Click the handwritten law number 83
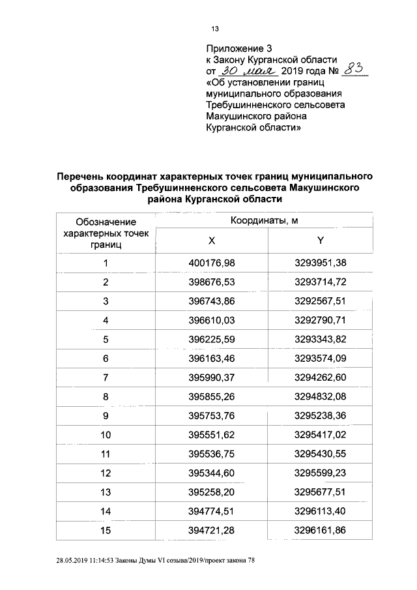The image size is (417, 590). pyautogui.click(x=354, y=70)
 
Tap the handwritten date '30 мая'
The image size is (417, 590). pyautogui.click(x=248, y=71)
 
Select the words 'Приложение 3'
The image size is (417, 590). pyautogui.click(x=238, y=48)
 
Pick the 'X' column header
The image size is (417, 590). pyautogui.click(x=211, y=241)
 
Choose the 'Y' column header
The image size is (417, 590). pyautogui.click(x=320, y=241)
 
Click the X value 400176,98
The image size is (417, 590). pyautogui.click(x=211, y=263)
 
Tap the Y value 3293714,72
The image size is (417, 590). pyautogui.click(x=320, y=282)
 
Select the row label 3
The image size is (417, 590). pyautogui.click(x=105, y=301)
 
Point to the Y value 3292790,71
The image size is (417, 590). pyautogui.click(x=320, y=320)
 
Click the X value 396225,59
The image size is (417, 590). pyautogui.click(x=211, y=339)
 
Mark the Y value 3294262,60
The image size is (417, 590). pyautogui.click(x=320, y=377)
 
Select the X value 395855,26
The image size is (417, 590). pyautogui.click(x=211, y=396)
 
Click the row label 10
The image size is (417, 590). pyautogui.click(x=105, y=434)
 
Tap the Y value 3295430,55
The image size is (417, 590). pyautogui.click(x=320, y=453)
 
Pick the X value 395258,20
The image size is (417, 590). pyautogui.click(x=211, y=492)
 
